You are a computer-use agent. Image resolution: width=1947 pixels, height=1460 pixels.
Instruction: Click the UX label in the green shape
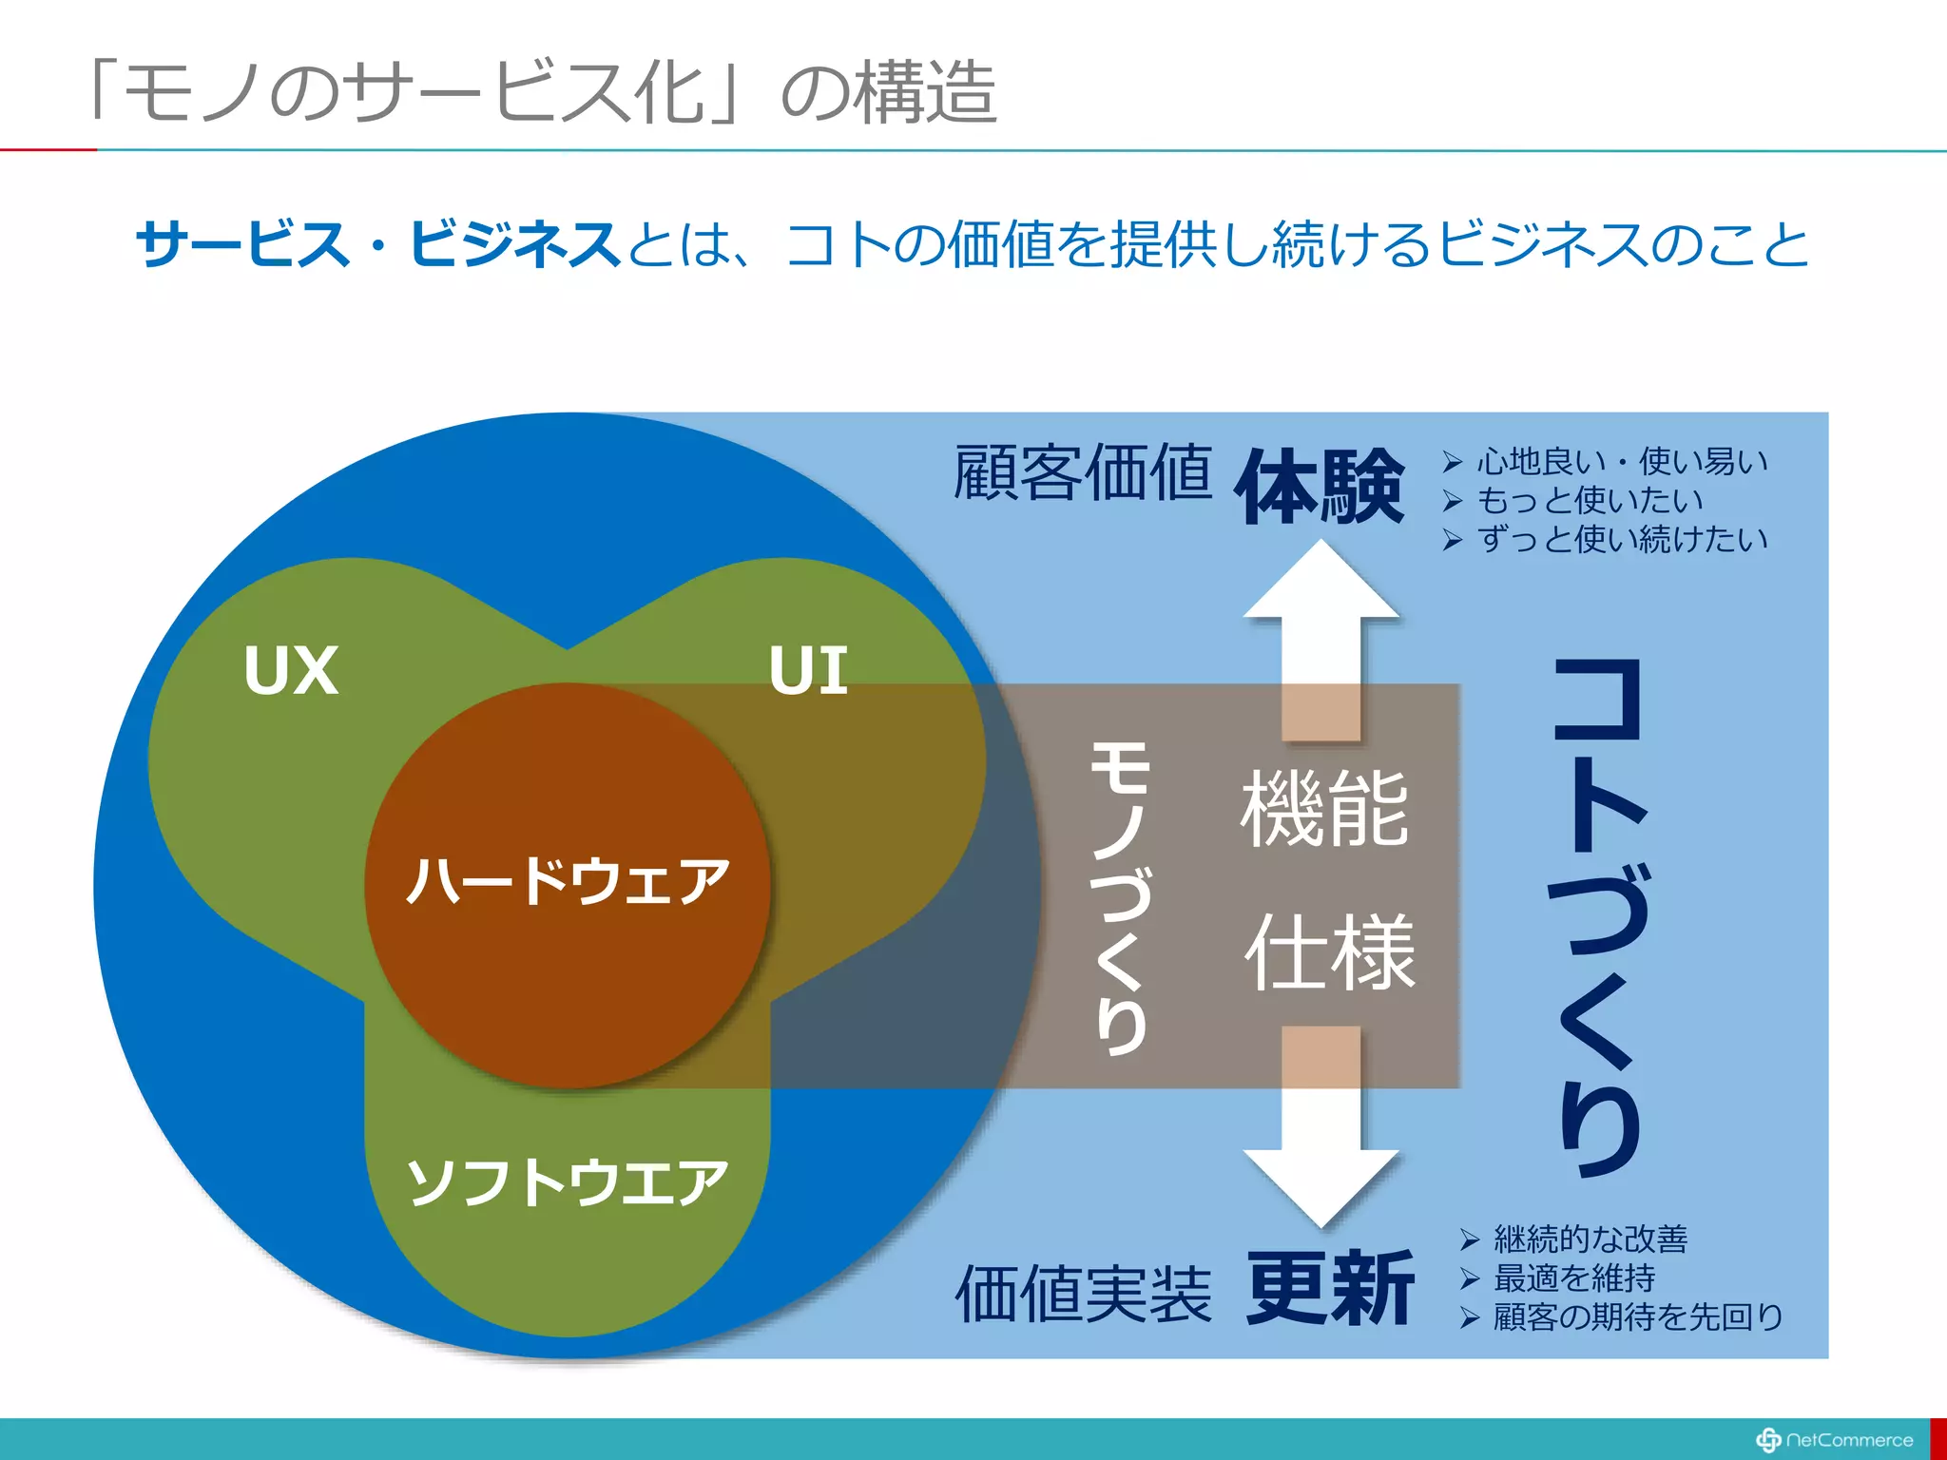pos(291,670)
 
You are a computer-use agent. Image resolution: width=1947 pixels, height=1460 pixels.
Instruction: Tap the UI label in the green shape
pos(808,670)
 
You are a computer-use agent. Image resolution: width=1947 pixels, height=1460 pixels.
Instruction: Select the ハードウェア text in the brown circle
pos(568,881)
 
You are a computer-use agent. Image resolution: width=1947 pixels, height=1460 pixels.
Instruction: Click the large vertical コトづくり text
pos(1600,917)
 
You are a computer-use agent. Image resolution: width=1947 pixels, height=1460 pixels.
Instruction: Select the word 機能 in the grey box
pos(1324,809)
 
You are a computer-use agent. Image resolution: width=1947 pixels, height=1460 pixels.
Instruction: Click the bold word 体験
pos(1319,487)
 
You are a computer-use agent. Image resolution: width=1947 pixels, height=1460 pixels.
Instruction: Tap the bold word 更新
pos(1330,1289)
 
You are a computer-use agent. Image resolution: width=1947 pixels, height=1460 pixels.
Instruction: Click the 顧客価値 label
pos(1083,472)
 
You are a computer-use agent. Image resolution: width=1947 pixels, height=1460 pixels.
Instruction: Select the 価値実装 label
pos(1083,1294)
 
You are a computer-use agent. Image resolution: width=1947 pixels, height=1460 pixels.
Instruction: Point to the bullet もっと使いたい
pos(1589,500)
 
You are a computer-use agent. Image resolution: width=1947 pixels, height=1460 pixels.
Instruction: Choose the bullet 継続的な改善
pos(1590,1239)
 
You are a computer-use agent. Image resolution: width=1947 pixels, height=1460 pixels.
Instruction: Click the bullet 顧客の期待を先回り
pos(1637,1317)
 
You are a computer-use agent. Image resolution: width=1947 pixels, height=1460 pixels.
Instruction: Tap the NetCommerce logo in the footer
pos(1835,1440)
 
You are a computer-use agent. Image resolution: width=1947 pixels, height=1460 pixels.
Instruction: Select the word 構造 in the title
pos(924,93)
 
